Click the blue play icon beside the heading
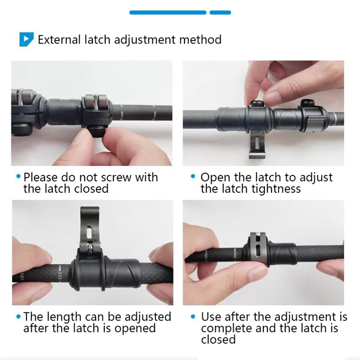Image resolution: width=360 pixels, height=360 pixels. click(26, 39)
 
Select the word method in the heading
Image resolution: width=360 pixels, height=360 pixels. click(200, 39)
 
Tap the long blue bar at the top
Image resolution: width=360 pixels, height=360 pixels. click(168, 13)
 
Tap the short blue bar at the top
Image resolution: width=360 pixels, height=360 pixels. click(220, 13)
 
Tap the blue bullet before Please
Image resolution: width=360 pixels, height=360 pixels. click(18, 176)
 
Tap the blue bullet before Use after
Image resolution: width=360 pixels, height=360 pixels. click(194, 316)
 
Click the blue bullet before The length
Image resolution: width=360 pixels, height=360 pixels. click(18, 316)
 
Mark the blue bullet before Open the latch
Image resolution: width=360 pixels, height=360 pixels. click(194, 176)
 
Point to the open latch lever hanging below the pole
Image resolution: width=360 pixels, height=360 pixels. click(257, 146)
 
